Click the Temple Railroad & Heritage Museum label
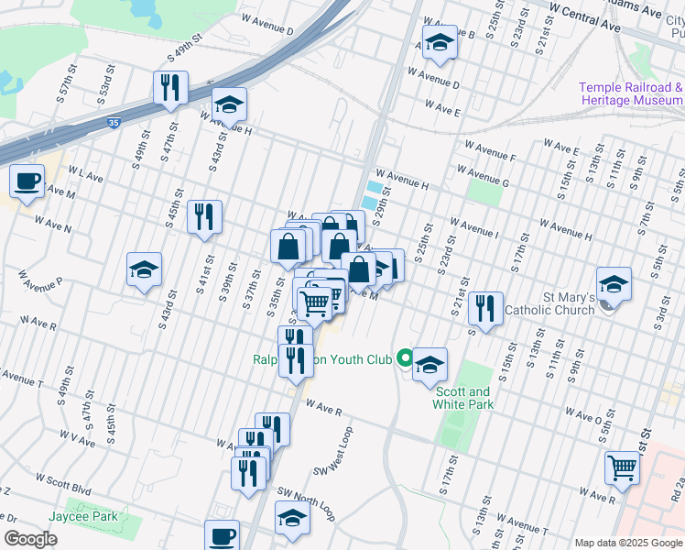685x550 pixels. [630, 93]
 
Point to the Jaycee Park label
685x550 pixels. [84, 516]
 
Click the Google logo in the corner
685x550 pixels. [30, 539]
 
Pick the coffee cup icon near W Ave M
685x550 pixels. [27, 180]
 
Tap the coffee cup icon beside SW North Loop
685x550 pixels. [222, 534]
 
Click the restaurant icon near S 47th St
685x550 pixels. [170, 87]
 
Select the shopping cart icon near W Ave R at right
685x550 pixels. [622, 467]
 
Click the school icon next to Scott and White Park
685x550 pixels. [429, 365]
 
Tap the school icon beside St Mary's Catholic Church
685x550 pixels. [614, 283]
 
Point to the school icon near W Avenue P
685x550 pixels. [144, 269]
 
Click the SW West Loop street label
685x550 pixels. [333, 450]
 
